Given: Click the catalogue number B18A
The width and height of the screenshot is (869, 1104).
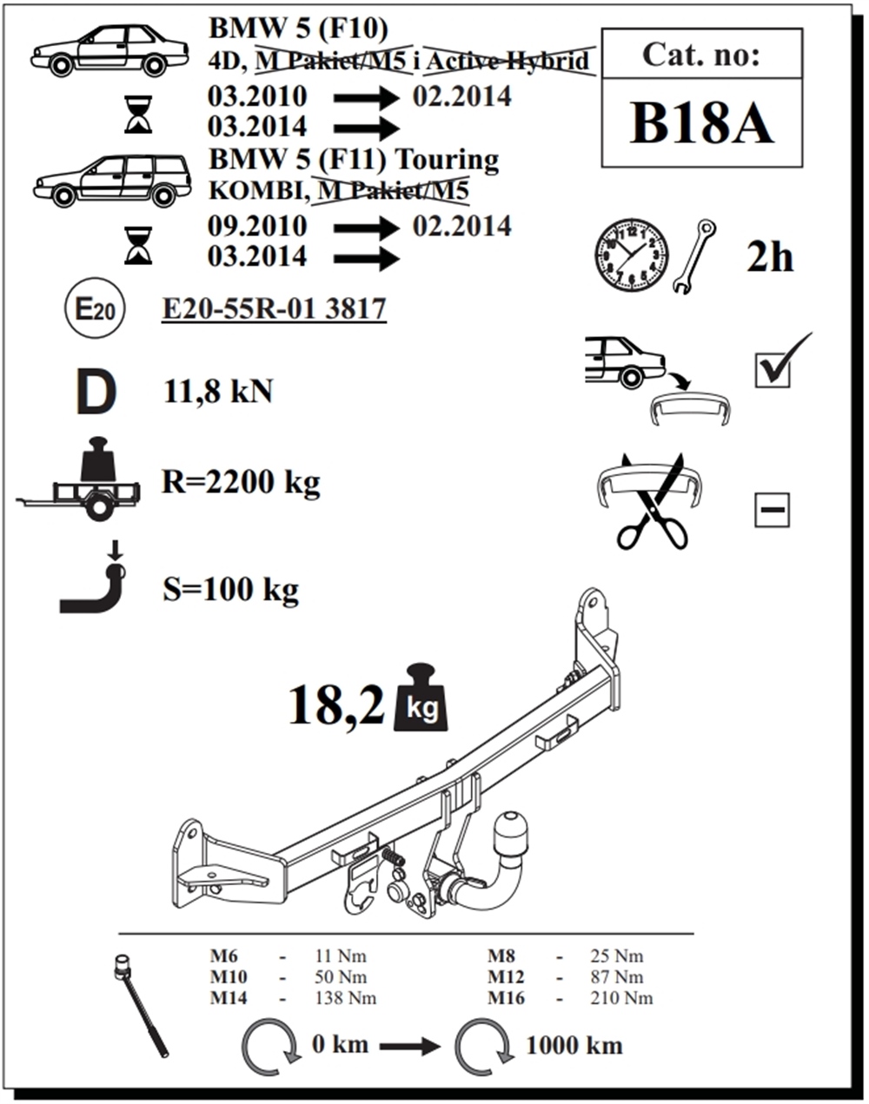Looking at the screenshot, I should (x=700, y=123).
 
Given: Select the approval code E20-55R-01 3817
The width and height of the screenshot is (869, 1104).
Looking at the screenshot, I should (x=274, y=308).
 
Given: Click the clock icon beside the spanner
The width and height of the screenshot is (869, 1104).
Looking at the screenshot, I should (x=632, y=255).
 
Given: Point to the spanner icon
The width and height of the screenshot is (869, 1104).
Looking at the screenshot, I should (x=695, y=255).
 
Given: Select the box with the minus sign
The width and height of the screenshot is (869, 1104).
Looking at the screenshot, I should (x=772, y=511).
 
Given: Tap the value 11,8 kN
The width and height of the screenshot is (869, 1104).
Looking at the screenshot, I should (x=218, y=392).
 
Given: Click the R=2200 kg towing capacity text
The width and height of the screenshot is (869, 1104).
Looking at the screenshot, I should (x=241, y=481).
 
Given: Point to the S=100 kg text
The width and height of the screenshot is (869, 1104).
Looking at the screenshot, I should (x=230, y=590).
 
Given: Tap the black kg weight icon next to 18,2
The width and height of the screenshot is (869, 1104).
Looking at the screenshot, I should (x=422, y=699).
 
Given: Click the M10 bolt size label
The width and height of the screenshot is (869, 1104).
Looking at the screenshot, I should (x=229, y=977).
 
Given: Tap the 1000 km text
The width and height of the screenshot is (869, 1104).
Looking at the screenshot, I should (x=574, y=1045).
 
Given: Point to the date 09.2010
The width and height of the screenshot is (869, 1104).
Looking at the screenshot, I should (x=257, y=226).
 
